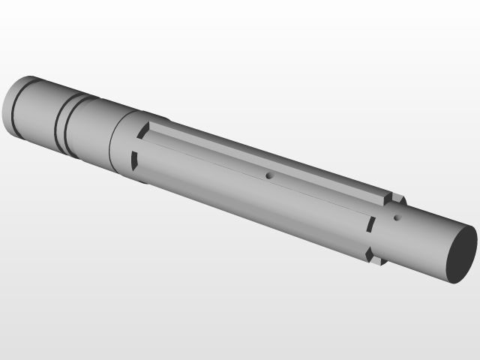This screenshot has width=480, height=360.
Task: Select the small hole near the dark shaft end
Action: click(x=397, y=218)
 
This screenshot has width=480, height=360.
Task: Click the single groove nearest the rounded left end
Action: click(x=15, y=109)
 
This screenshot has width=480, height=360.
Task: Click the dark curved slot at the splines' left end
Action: click(x=136, y=159)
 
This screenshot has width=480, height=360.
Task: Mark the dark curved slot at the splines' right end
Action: click(x=370, y=225)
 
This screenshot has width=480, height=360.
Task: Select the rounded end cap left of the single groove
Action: click(x=7, y=105)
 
